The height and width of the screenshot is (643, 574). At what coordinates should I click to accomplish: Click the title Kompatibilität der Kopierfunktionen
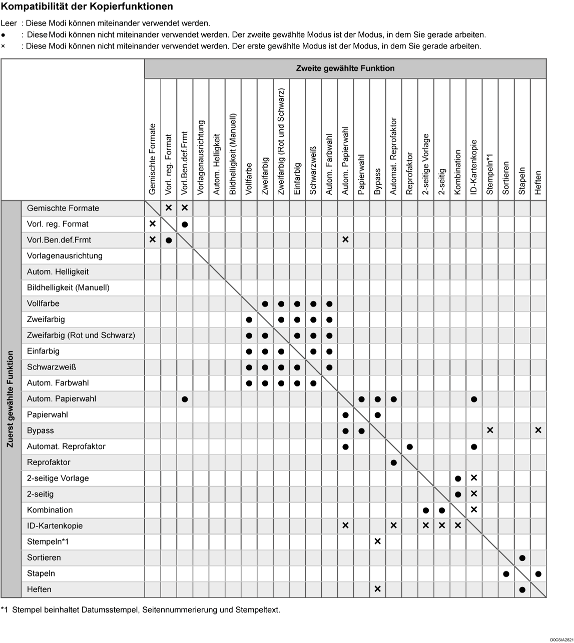87,7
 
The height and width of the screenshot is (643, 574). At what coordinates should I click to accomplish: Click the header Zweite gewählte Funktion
345,68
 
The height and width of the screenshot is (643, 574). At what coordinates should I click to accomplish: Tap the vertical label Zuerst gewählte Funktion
11,399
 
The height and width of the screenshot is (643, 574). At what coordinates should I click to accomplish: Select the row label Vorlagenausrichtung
65,256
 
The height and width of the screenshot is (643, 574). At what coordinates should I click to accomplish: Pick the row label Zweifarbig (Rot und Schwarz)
81,335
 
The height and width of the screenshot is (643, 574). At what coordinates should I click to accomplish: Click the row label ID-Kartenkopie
55,526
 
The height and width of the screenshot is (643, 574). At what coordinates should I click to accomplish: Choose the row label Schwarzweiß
52,367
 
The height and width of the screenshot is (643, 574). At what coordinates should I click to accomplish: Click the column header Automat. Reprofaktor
393,156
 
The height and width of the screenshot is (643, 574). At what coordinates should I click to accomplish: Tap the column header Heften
538,182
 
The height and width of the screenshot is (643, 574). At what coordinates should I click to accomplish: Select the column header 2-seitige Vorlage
425,164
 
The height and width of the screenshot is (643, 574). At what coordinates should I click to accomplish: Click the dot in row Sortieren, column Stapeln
522,558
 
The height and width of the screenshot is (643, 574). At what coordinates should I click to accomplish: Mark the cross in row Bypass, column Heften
538,430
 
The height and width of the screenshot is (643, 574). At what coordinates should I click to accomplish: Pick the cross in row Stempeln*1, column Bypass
377,542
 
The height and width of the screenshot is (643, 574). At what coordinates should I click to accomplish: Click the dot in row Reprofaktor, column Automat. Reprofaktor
393,462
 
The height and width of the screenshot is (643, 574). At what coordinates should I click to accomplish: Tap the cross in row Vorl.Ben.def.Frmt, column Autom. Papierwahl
345,240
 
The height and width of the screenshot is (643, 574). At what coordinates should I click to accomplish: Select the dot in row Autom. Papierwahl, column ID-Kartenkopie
474,399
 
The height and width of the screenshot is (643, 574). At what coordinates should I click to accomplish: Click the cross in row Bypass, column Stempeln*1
490,430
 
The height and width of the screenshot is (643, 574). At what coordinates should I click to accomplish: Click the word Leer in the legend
9,23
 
